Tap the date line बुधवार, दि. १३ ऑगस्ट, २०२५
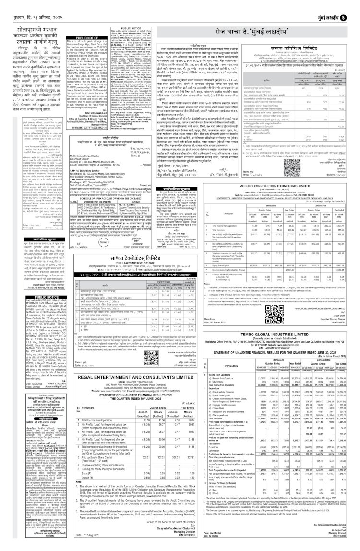point(29,8)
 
